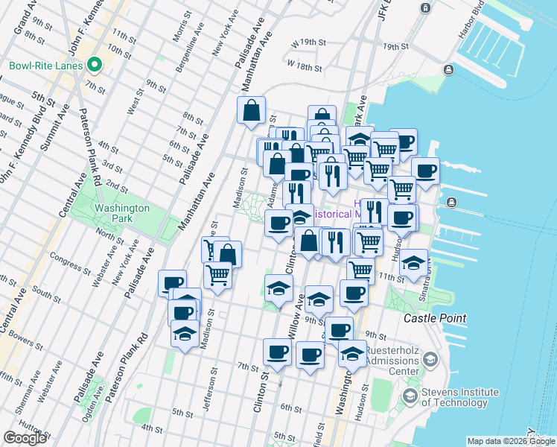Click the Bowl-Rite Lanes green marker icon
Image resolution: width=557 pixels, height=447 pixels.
(95, 66)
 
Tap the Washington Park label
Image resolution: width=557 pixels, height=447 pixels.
(121, 214)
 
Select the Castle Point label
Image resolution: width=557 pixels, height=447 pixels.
(435, 318)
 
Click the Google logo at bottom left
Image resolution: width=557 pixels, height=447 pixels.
(25, 438)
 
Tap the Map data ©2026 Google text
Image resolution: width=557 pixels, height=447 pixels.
(510, 441)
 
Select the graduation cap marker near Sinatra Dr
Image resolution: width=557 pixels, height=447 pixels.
(414, 263)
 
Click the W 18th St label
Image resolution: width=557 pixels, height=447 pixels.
(306, 66)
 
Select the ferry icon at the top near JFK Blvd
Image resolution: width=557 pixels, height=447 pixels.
(425, 8)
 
